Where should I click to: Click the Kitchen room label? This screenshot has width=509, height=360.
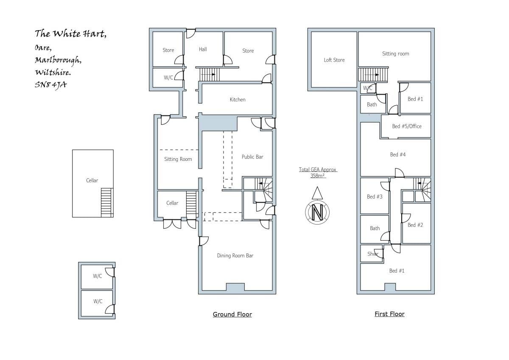(x=238, y=100)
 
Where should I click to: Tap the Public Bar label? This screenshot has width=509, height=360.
(x=252, y=157)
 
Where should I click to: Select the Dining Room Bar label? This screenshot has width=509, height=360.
(x=235, y=256)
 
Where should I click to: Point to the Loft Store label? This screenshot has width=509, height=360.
(x=334, y=60)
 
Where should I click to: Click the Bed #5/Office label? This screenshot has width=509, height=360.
(x=407, y=126)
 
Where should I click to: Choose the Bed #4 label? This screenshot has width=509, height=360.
(x=398, y=155)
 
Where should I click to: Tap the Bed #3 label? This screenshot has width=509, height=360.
(x=375, y=197)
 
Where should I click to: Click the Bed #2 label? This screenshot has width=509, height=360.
(x=415, y=225)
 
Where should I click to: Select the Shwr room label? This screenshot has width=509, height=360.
(x=373, y=254)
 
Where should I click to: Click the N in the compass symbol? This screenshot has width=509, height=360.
(x=317, y=212)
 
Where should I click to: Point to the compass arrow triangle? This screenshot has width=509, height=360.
(x=317, y=193)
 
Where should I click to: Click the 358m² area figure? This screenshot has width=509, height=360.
(x=317, y=176)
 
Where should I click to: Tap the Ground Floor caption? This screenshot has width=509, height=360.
(x=232, y=314)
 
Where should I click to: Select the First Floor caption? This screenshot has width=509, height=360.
(x=389, y=314)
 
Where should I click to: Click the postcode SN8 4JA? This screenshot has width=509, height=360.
(x=50, y=85)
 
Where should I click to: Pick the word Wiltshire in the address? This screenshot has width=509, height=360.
(x=53, y=72)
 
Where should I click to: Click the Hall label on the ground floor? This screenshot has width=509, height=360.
(x=203, y=49)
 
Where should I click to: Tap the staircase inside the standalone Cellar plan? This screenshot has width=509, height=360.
(x=107, y=202)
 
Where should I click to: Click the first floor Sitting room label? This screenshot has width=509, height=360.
(x=395, y=53)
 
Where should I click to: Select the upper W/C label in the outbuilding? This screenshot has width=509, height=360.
(x=97, y=276)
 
